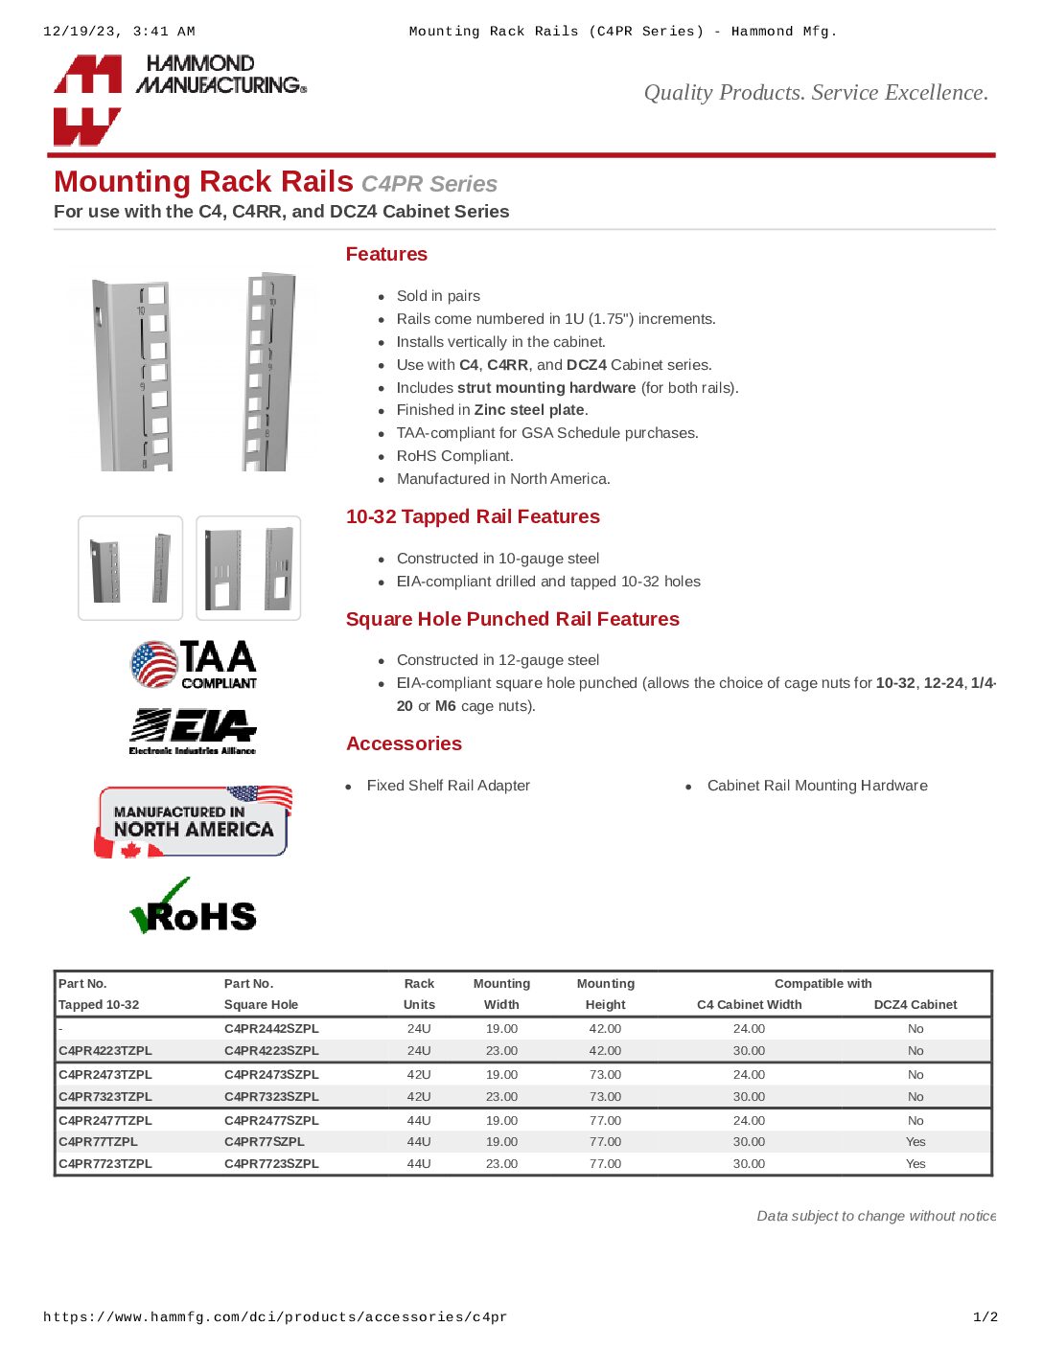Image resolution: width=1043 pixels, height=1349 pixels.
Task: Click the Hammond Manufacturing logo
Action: click(x=179, y=99)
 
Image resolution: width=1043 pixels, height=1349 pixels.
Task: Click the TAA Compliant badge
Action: click(x=194, y=665)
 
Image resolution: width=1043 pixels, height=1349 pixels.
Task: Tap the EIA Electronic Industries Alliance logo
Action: click(x=193, y=732)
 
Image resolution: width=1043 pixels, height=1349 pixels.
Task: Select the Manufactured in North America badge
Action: click(x=194, y=822)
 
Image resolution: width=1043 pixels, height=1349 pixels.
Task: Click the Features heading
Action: click(x=386, y=255)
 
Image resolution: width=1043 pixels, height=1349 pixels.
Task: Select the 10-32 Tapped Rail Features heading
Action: click(x=473, y=517)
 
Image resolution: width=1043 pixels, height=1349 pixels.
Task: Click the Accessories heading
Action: click(x=404, y=744)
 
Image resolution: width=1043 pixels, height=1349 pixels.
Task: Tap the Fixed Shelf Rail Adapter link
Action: click(x=448, y=786)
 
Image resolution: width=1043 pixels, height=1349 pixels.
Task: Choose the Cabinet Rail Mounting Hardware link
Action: click(x=817, y=786)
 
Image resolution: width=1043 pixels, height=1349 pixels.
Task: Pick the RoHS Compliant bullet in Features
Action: click(x=454, y=456)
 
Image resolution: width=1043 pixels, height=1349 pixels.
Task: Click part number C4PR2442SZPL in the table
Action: click(x=271, y=1029)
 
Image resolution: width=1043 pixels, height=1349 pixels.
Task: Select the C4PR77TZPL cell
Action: click(x=98, y=1142)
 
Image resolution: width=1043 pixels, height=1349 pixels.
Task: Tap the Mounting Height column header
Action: click(x=605, y=995)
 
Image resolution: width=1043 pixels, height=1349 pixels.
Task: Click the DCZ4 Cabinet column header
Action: click(x=916, y=1005)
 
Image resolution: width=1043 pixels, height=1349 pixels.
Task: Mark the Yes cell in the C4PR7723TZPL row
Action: click(x=916, y=1164)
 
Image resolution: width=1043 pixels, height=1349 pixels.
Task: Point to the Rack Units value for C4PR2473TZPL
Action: click(x=419, y=1075)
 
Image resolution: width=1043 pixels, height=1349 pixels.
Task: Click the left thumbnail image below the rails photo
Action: click(x=130, y=568)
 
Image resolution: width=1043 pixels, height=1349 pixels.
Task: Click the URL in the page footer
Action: click(x=275, y=1317)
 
